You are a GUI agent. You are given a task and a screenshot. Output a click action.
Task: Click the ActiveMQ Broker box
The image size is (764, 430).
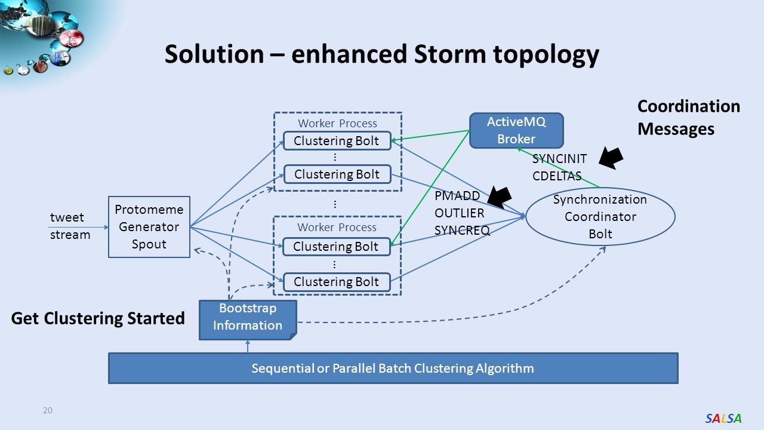tap(516, 130)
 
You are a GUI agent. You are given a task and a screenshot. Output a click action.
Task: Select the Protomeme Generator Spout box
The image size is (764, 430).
tap(149, 227)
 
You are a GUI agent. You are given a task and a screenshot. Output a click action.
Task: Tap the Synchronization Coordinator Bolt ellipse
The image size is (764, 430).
tap(600, 216)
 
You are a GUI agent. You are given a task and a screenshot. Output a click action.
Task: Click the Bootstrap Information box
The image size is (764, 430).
tap(248, 320)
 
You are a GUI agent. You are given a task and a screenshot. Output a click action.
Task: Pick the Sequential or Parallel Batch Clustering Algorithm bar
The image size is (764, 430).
tap(393, 368)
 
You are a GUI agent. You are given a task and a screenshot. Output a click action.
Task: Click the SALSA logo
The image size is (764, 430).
tap(723, 418)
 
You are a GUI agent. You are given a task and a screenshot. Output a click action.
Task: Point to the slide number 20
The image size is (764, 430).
tap(48, 410)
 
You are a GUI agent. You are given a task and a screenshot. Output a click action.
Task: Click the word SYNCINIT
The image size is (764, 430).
tap(559, 159)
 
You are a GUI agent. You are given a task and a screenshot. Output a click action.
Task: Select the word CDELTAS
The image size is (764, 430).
tap(557, 176)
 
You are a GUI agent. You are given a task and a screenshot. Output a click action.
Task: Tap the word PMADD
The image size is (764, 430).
tap(457, 196)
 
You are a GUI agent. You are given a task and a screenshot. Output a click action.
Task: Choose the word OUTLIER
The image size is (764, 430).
tap(459, 213)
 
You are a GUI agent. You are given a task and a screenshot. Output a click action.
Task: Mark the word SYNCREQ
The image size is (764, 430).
tap(462, 231)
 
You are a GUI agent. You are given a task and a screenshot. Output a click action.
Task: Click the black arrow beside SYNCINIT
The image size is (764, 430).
tap(611, 158)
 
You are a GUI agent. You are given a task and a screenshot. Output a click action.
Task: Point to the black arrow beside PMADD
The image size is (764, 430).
tap(500, 198)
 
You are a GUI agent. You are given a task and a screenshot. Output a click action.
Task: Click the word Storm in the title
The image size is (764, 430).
tap(450, 54)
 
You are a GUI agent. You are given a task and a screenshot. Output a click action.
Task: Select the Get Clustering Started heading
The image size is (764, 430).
tap(98, 318)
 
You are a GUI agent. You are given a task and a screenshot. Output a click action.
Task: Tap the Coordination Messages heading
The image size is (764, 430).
tap(689, 118)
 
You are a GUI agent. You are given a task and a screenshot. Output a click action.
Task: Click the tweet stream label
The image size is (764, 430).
tap(70, 226)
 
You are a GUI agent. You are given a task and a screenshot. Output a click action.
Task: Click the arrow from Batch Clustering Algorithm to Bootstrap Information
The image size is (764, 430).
tap(248, 346)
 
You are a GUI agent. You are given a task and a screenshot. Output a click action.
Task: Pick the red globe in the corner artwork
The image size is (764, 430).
tap(72, 38)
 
